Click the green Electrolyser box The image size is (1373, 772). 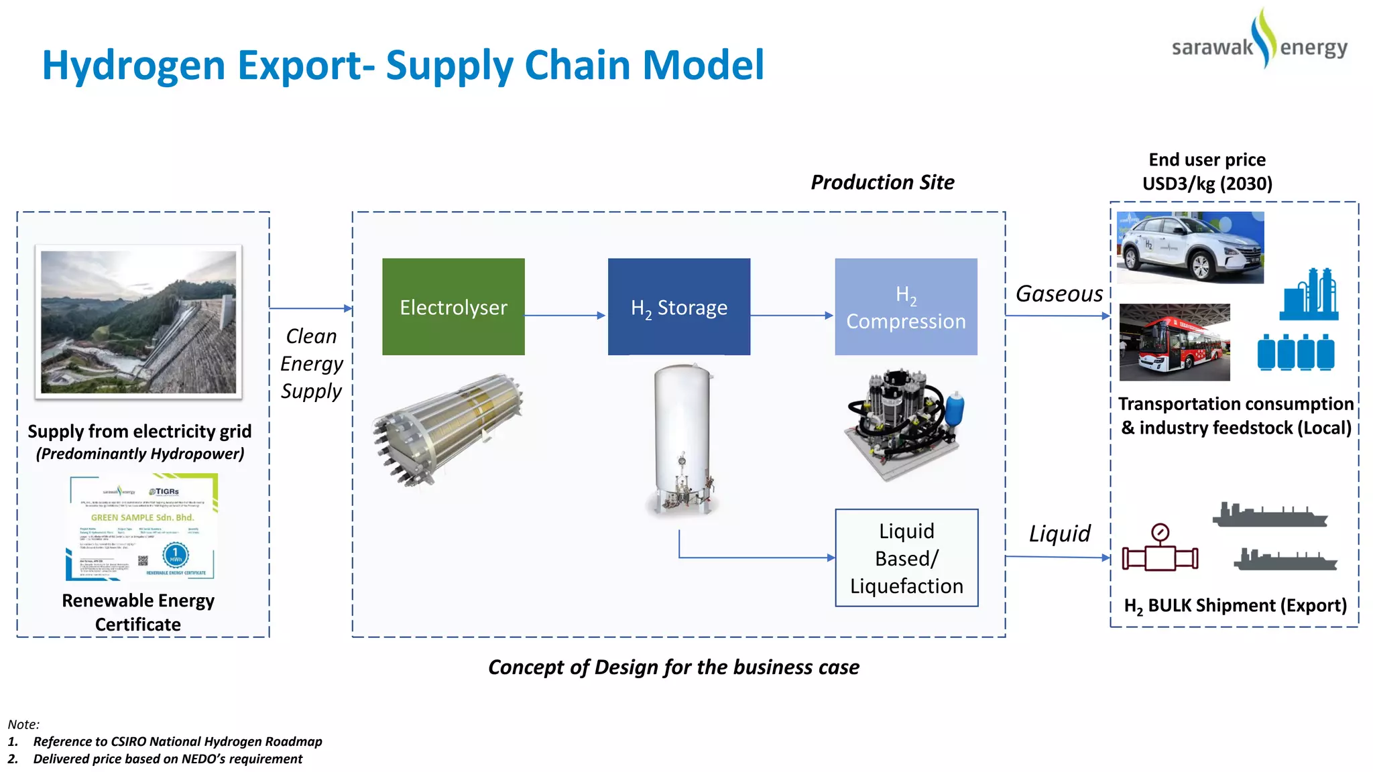pos(453,307)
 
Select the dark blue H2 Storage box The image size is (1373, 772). pos(678,307)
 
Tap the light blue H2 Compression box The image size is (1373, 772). pos(906,307)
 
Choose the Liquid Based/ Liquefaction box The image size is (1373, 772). pos(906,558)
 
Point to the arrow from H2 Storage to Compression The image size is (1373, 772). pos(792,315)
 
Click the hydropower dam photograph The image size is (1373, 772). pos(139,322)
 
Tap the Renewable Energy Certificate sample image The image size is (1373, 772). pos(142,527)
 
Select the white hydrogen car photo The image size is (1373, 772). pos(1190,247)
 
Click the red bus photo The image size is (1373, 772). pos(1175,342)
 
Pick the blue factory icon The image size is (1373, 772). pos(1309,295)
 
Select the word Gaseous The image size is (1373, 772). pos(1059,294)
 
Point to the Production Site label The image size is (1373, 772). pos(882,182)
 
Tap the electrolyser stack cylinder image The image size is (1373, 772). pos(449,429)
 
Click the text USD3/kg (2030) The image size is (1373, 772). pos(1207,184)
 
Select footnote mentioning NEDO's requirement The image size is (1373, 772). pos(168,759)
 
